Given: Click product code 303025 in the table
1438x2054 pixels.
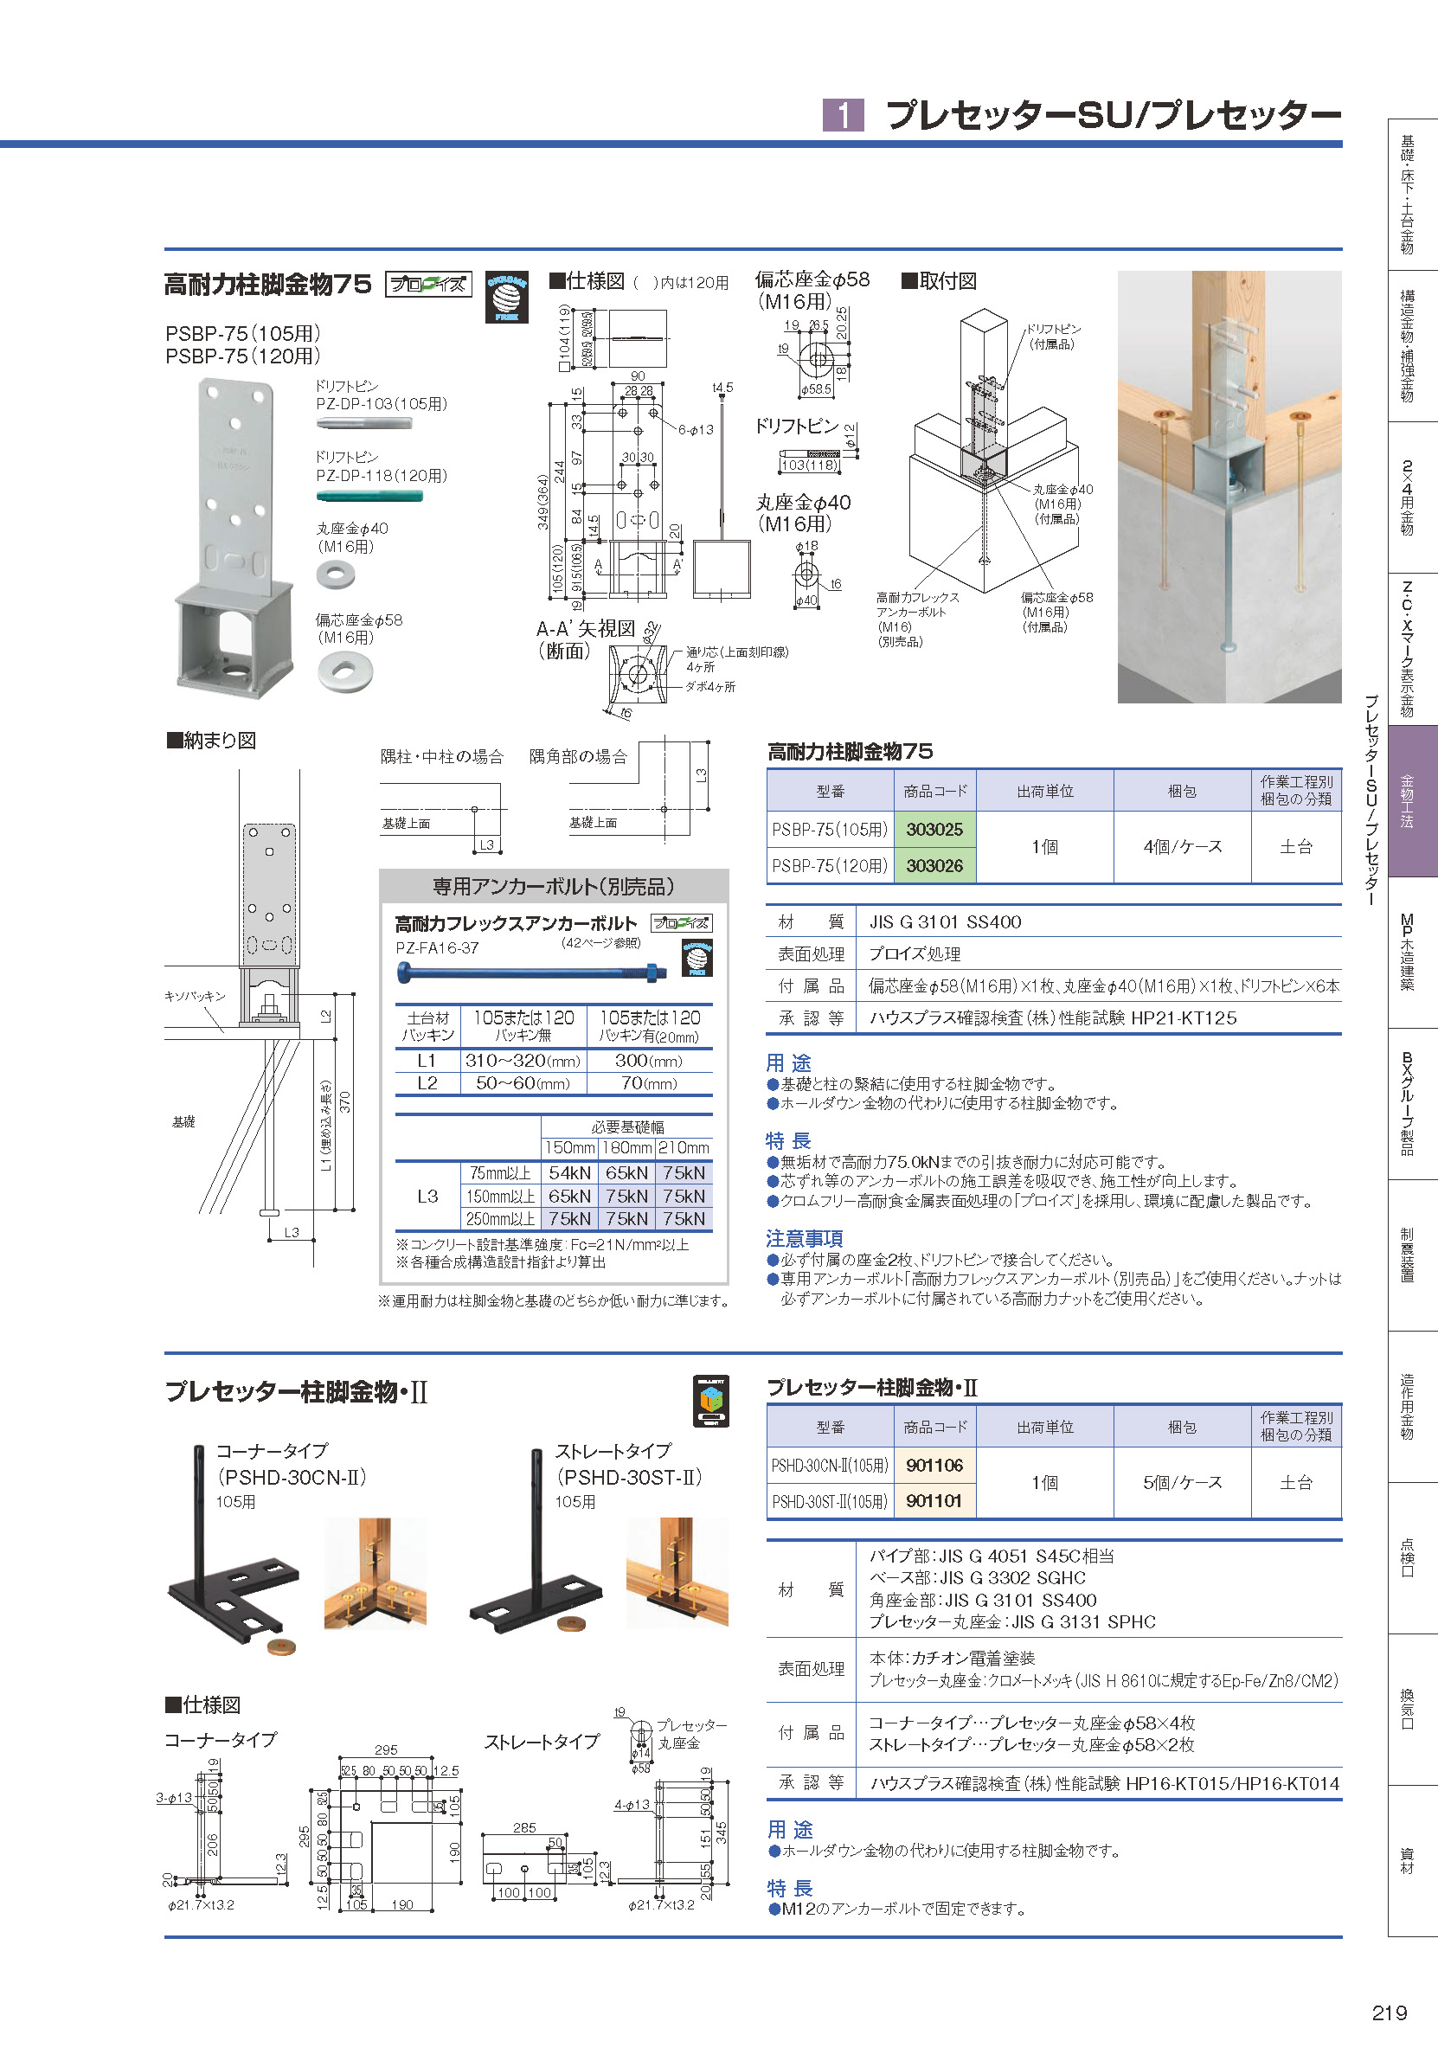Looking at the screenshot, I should point(934,829).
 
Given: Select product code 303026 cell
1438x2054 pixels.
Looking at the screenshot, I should point(934,865).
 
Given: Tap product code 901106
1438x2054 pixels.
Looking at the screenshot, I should point(934,1466).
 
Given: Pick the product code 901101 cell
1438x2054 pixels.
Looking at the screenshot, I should point(934,1501).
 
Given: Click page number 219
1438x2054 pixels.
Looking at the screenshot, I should point(1389,2012).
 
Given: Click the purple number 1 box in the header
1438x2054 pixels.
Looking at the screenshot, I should point(843,115).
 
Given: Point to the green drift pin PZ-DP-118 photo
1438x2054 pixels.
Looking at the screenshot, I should point(369,497).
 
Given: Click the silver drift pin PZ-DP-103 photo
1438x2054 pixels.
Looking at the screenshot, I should point(364,423).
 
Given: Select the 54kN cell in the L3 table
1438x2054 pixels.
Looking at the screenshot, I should point(569,1173).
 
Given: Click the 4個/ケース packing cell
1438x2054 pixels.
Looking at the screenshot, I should point(1182,846).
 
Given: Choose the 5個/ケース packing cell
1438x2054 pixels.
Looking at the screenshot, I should point(1182,1482).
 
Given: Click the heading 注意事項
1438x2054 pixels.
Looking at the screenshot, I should point(804,1238).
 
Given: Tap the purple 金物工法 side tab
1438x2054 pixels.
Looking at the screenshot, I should point(1407,800).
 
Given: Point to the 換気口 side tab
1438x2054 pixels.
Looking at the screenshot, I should point(1407,1709).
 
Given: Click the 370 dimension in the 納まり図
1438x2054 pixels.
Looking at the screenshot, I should point(345,1102).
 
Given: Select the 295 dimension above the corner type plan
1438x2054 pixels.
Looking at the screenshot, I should point(386,1749).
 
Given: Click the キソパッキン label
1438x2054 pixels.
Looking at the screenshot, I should point(195,996).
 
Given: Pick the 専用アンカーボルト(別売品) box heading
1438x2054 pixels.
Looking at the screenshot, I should point(553,887).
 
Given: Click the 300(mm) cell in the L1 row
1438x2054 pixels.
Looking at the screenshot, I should point(649,1061).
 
